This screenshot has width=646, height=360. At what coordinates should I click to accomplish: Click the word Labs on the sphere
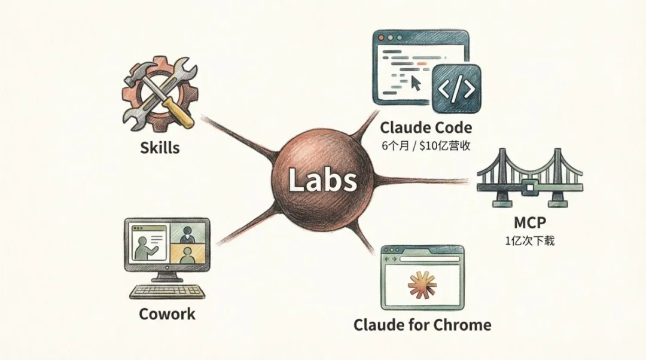point(323,179)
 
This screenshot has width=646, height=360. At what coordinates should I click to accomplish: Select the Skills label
point(160,147)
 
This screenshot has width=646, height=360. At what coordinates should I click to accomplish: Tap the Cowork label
point(167,313)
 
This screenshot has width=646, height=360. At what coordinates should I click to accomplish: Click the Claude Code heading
point(425,127)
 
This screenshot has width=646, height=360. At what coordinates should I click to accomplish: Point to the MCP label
point(529,223)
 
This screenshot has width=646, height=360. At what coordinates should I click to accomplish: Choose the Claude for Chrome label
point(422,325)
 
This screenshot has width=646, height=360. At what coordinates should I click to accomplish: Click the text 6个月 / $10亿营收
point(425,145)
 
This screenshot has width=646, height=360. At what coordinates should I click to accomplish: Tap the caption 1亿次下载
point(529,241)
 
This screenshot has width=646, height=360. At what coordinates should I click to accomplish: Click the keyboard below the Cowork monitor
point(167,292)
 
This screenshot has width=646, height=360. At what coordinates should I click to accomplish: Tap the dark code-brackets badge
point(456,89)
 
